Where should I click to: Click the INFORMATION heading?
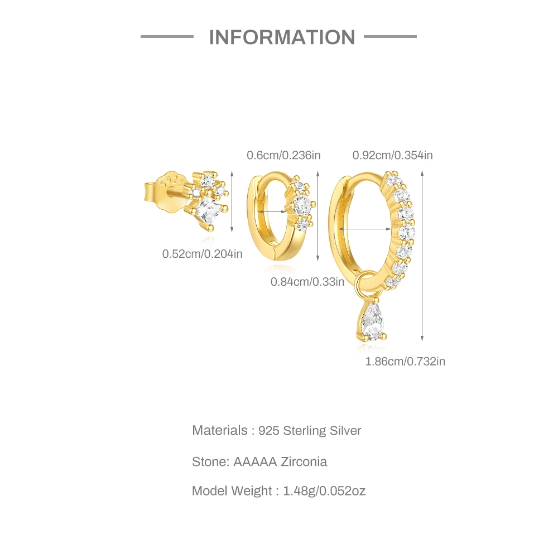coord(282,37)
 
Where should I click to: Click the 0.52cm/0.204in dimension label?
coord(203,254)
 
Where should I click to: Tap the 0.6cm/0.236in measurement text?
coord(283,155)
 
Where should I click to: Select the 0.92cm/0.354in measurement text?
coord(392,155)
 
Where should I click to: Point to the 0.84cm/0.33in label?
coord(307,282)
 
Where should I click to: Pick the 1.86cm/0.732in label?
coord(405,362)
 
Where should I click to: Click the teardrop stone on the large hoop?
coord(372,323)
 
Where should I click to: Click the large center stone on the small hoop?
coord(302,204)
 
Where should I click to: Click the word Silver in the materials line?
coord(344,431)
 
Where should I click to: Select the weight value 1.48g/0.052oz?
coord(324,491)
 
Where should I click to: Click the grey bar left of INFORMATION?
coord(166,37)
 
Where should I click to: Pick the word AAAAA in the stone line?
coord(253,461)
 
